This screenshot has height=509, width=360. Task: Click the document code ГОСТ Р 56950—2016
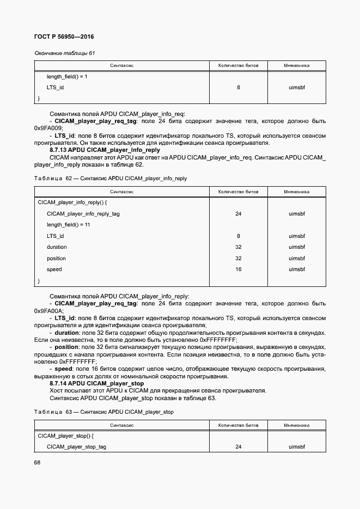click(x=60, y=37)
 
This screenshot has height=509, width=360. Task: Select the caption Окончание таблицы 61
click(x=65, y=53)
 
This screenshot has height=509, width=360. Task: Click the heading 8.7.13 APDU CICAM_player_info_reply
click(x=105, y=150)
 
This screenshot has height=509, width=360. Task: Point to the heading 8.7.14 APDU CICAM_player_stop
click(x=96, y=383)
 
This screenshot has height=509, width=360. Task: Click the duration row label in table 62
click(x=57, y=247)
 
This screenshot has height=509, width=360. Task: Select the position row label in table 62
click(x=56, y=258)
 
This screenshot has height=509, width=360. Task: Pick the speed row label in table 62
click(x=54, y=269)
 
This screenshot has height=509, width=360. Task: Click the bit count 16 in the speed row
click(x=238, y=269)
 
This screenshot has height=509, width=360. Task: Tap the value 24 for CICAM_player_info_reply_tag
click(x=238, y=213)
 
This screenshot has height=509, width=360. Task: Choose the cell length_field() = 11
click(x=68, y=225)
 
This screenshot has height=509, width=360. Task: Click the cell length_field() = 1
click(x=66, y=77)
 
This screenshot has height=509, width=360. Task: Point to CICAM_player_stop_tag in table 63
click(x=76, y=447)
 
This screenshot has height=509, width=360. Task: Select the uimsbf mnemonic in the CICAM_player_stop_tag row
click(x=297, y=447)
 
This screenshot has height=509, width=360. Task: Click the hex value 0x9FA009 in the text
click(x=48, y=127)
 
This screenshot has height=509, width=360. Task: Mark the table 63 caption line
click(x=103, y=412)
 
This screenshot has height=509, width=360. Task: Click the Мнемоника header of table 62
click(x=297, y=192)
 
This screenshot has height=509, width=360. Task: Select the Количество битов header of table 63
click(x=238, y=425)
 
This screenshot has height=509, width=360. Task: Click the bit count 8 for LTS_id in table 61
click(x=238, y=87)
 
